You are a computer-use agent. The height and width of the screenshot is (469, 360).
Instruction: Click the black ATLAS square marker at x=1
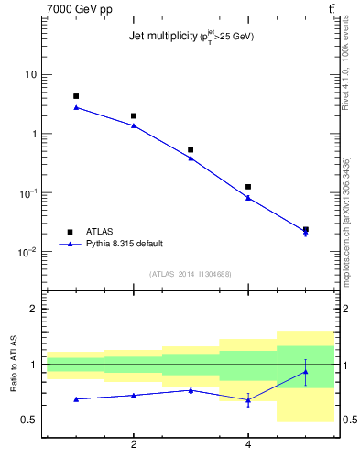76,96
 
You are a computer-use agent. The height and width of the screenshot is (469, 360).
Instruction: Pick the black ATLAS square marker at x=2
134,116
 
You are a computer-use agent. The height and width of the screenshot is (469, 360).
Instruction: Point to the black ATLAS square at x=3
191,149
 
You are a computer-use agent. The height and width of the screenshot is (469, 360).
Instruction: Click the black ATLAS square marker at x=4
248,187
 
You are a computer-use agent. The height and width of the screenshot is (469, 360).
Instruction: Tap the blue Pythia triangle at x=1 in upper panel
76,107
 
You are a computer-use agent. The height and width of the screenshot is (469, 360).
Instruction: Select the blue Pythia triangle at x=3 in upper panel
191,158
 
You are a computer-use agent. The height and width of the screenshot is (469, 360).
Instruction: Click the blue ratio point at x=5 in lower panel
305,371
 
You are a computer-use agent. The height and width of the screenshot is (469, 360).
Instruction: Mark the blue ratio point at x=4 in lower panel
248,400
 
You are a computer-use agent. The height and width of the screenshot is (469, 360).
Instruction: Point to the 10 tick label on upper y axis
30,74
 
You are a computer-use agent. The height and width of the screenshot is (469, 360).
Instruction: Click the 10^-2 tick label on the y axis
27,252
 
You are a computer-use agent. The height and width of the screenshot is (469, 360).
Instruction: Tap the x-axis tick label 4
248,444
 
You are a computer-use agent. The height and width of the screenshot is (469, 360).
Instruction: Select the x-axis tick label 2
134,444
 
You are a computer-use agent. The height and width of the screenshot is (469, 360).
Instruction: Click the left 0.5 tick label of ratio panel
29,420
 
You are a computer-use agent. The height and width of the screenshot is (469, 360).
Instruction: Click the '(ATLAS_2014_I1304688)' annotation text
191,273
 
